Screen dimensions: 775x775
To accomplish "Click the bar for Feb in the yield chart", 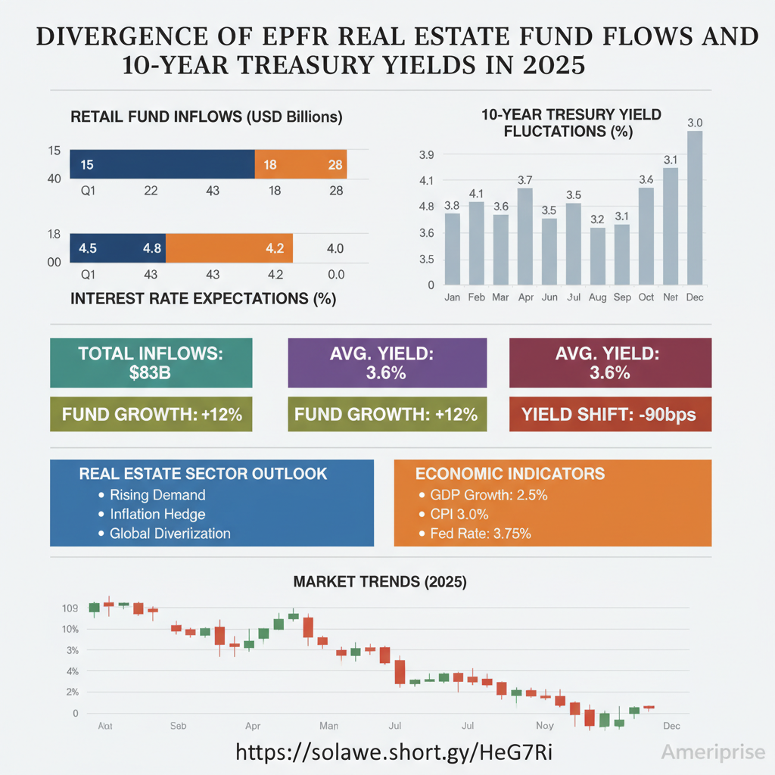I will point(476,242).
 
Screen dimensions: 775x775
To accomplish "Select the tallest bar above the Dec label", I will point(695,208).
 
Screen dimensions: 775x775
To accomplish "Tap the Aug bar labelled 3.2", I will point(598,256).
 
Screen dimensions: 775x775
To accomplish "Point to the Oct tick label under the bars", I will point(646,297).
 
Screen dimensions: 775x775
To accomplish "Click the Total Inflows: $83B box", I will point(151,363).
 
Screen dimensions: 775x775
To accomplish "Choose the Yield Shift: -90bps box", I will point(611,414).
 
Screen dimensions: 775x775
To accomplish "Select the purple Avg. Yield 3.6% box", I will point(387,363).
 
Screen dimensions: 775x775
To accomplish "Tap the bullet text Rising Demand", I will point(157,495).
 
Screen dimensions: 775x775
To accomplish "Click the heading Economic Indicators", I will point(510,474).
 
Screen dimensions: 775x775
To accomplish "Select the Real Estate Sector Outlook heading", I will point(203,474).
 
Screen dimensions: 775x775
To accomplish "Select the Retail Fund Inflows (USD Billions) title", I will point(206,117).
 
